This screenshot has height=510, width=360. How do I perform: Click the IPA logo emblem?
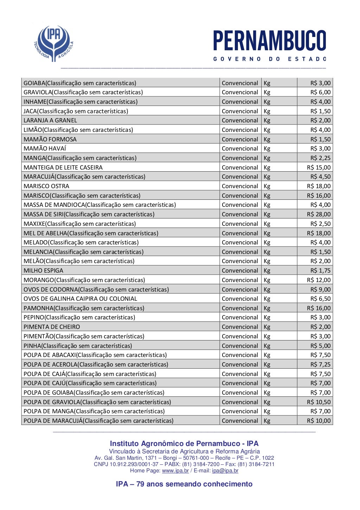tap(54, 43)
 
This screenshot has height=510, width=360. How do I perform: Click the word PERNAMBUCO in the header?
tap(270, 41)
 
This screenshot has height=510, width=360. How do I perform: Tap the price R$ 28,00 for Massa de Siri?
tap(319, 214)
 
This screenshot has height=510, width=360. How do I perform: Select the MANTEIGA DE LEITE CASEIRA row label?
tap(63, 167)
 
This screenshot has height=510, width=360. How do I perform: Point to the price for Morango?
tap(319, 280)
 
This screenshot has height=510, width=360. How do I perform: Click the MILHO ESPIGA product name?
tap(44, 270)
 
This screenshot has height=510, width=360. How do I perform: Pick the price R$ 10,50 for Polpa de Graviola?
tap(319, 402)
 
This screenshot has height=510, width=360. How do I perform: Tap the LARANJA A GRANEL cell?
tap(50, 120)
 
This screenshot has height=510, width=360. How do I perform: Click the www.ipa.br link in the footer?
tap(175, 471)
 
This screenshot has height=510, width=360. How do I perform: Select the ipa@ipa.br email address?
tap(225, 471)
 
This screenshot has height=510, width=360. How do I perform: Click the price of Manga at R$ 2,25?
tap(320, 158)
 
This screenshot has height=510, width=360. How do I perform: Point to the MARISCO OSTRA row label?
tap(46, 186)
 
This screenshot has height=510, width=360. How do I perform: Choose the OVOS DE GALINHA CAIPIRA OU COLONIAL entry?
tap(81, 299)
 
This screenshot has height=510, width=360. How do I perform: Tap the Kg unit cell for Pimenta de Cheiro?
tap(267, 327)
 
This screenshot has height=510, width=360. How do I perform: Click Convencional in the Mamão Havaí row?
tap(240, 148)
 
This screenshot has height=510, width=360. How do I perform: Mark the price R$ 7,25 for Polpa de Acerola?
tap(320, 364)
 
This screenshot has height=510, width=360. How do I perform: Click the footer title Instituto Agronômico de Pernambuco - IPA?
tap(184, 444)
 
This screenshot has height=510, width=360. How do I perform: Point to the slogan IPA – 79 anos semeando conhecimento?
tap(184, 484)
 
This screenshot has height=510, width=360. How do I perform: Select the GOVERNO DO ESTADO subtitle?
tap(270, 59)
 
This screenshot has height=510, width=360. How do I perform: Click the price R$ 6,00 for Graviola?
tap(320, 92)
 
